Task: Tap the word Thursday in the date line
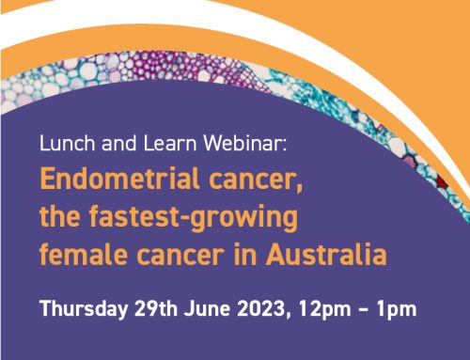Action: click(81, 306)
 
